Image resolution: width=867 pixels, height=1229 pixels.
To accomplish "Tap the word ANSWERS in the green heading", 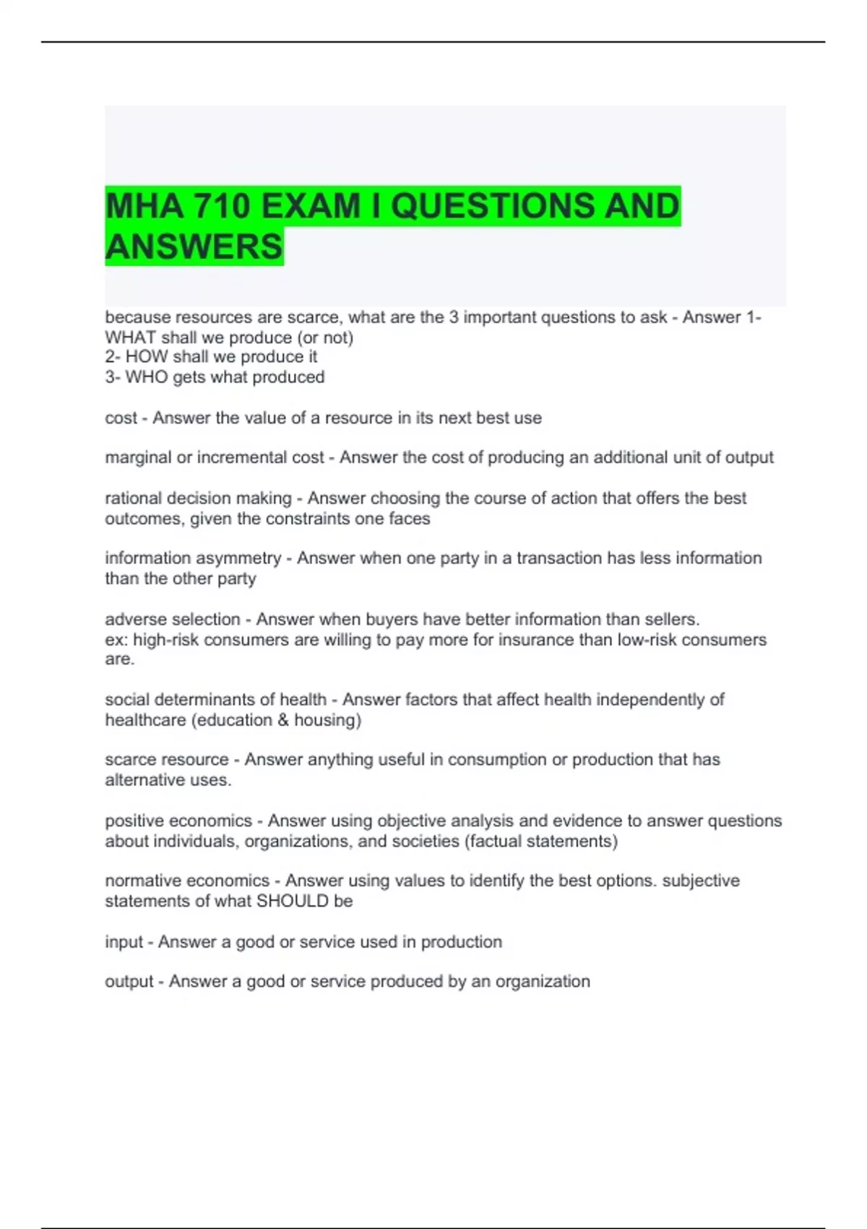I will pyautogui.click(x=194, y=247).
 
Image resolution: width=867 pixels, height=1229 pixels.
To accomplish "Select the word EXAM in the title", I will pyautogui.click(x=311, y=207).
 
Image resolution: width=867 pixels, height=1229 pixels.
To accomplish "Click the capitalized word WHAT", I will pyautogui.click(x=131, y=338).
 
